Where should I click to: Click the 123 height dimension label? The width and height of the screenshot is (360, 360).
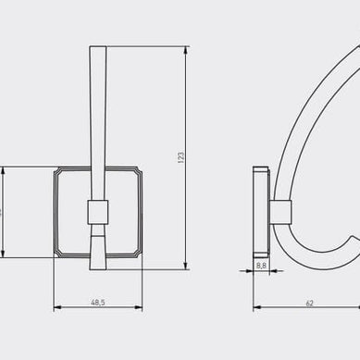pos(181,158)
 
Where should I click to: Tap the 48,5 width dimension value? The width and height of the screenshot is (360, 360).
pos(97,302)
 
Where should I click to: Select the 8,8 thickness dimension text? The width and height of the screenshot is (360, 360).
pos(261,266)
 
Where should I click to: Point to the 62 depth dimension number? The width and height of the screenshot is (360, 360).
pos(309,302)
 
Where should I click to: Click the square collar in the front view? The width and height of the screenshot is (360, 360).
pos(97,214)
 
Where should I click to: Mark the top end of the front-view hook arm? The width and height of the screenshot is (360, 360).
pos(97,47)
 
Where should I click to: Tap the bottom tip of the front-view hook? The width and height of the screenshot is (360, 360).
pos(97,269)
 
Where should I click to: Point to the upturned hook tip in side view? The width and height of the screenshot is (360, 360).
pos(353,239)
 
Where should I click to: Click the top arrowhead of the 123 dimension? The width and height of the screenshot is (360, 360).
pos(187,49)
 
